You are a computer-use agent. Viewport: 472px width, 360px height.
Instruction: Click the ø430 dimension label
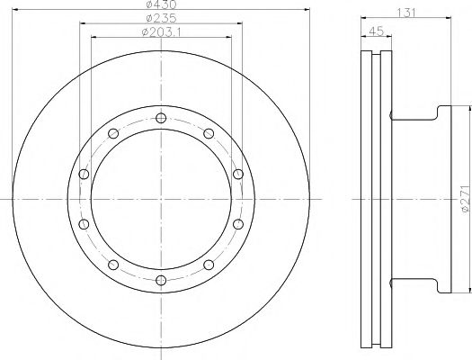[161, 4]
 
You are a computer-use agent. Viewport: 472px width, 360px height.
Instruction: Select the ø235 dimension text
[161, 18]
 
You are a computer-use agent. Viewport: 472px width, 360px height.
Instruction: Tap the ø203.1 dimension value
[161, 31]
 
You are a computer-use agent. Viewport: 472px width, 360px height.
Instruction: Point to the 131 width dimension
[406, 13]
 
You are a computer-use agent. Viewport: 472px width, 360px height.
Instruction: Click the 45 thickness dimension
[377, 31]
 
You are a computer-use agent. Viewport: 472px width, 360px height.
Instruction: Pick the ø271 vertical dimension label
[466, 199]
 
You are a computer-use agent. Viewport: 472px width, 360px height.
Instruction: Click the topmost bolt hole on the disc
[161, 118]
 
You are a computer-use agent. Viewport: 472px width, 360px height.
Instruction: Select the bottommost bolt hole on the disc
[161, 281]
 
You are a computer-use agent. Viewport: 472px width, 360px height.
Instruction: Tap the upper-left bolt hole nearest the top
[113, 133]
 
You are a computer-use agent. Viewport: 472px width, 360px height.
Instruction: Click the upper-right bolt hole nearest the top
[209, 133]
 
